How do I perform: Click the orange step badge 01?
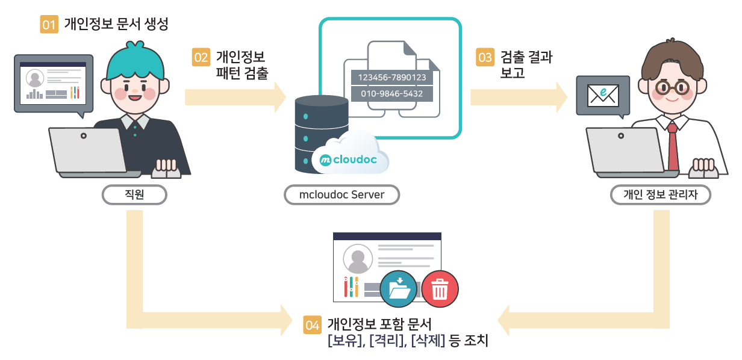pyautogui.click(x=49, y=25)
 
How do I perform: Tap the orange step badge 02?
pyautogui.click(x=201, y=58)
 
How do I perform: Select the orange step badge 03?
pyautogui.click(x=485, y=58)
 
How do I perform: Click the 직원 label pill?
pyautogui.click(x=134, y=194)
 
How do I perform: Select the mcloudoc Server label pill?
pyautogui.click(x=341, y=194)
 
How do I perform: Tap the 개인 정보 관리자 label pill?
pyautogui.click(x=660, y=194)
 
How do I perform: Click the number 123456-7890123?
pyautogui.click(x=392, y=78)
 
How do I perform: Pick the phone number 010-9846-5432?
pyautogui.click(x=392, y=94)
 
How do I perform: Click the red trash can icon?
pyautogui.click(x=440, y=290)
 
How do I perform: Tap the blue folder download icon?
pyautogui.click(x=398, y=290)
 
